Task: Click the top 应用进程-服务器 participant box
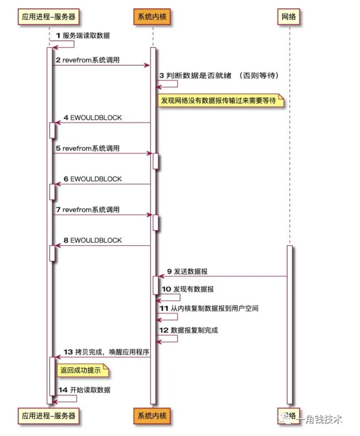pos(49,17)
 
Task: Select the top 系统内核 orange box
pos(152,17)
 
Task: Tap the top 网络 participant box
pos(288,17)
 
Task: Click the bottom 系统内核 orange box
pos(152,416)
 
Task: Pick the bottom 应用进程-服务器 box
pos(49,416)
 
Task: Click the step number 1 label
pos(58,35)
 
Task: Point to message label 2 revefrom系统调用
pos(88,60)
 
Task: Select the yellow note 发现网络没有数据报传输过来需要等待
pos(219,101)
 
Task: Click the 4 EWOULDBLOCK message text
pos(93,118)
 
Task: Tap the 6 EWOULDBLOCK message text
pos(93,179)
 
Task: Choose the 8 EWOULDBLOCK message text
pos(93,240)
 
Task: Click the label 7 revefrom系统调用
pos(88,210)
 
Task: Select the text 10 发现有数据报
pos(188,289)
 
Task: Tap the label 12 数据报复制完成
pos(189,330)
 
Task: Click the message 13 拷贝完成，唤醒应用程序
pos(106,352)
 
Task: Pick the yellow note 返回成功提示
pos(81,370)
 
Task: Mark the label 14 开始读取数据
pos(84,390)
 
